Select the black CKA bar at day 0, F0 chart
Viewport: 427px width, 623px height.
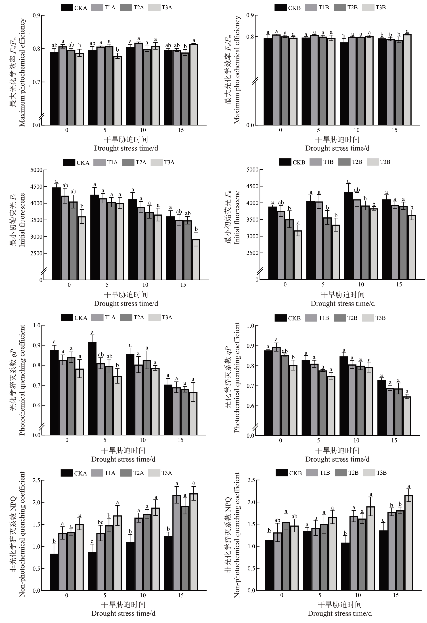tap(56, 233)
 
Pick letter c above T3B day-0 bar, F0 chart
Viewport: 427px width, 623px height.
tap(298, 223)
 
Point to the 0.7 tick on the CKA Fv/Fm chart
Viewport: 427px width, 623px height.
tap(37, 82)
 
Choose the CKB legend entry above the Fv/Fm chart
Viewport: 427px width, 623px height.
tap(288, 8)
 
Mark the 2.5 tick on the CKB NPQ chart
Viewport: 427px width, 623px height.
tap(251, 480)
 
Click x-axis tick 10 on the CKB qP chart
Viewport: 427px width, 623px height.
tap(356, 440)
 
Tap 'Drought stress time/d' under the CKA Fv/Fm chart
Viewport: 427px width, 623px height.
tap(126, 148)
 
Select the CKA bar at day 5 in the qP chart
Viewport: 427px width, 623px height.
tap(92, 388)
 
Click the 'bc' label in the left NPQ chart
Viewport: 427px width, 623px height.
tap(100, 522)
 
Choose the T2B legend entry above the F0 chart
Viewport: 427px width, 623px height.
tap(351, 162)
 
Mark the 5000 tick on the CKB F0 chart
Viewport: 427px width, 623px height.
tap(252, 170)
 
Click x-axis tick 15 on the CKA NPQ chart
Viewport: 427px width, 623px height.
tap(181, 595)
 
